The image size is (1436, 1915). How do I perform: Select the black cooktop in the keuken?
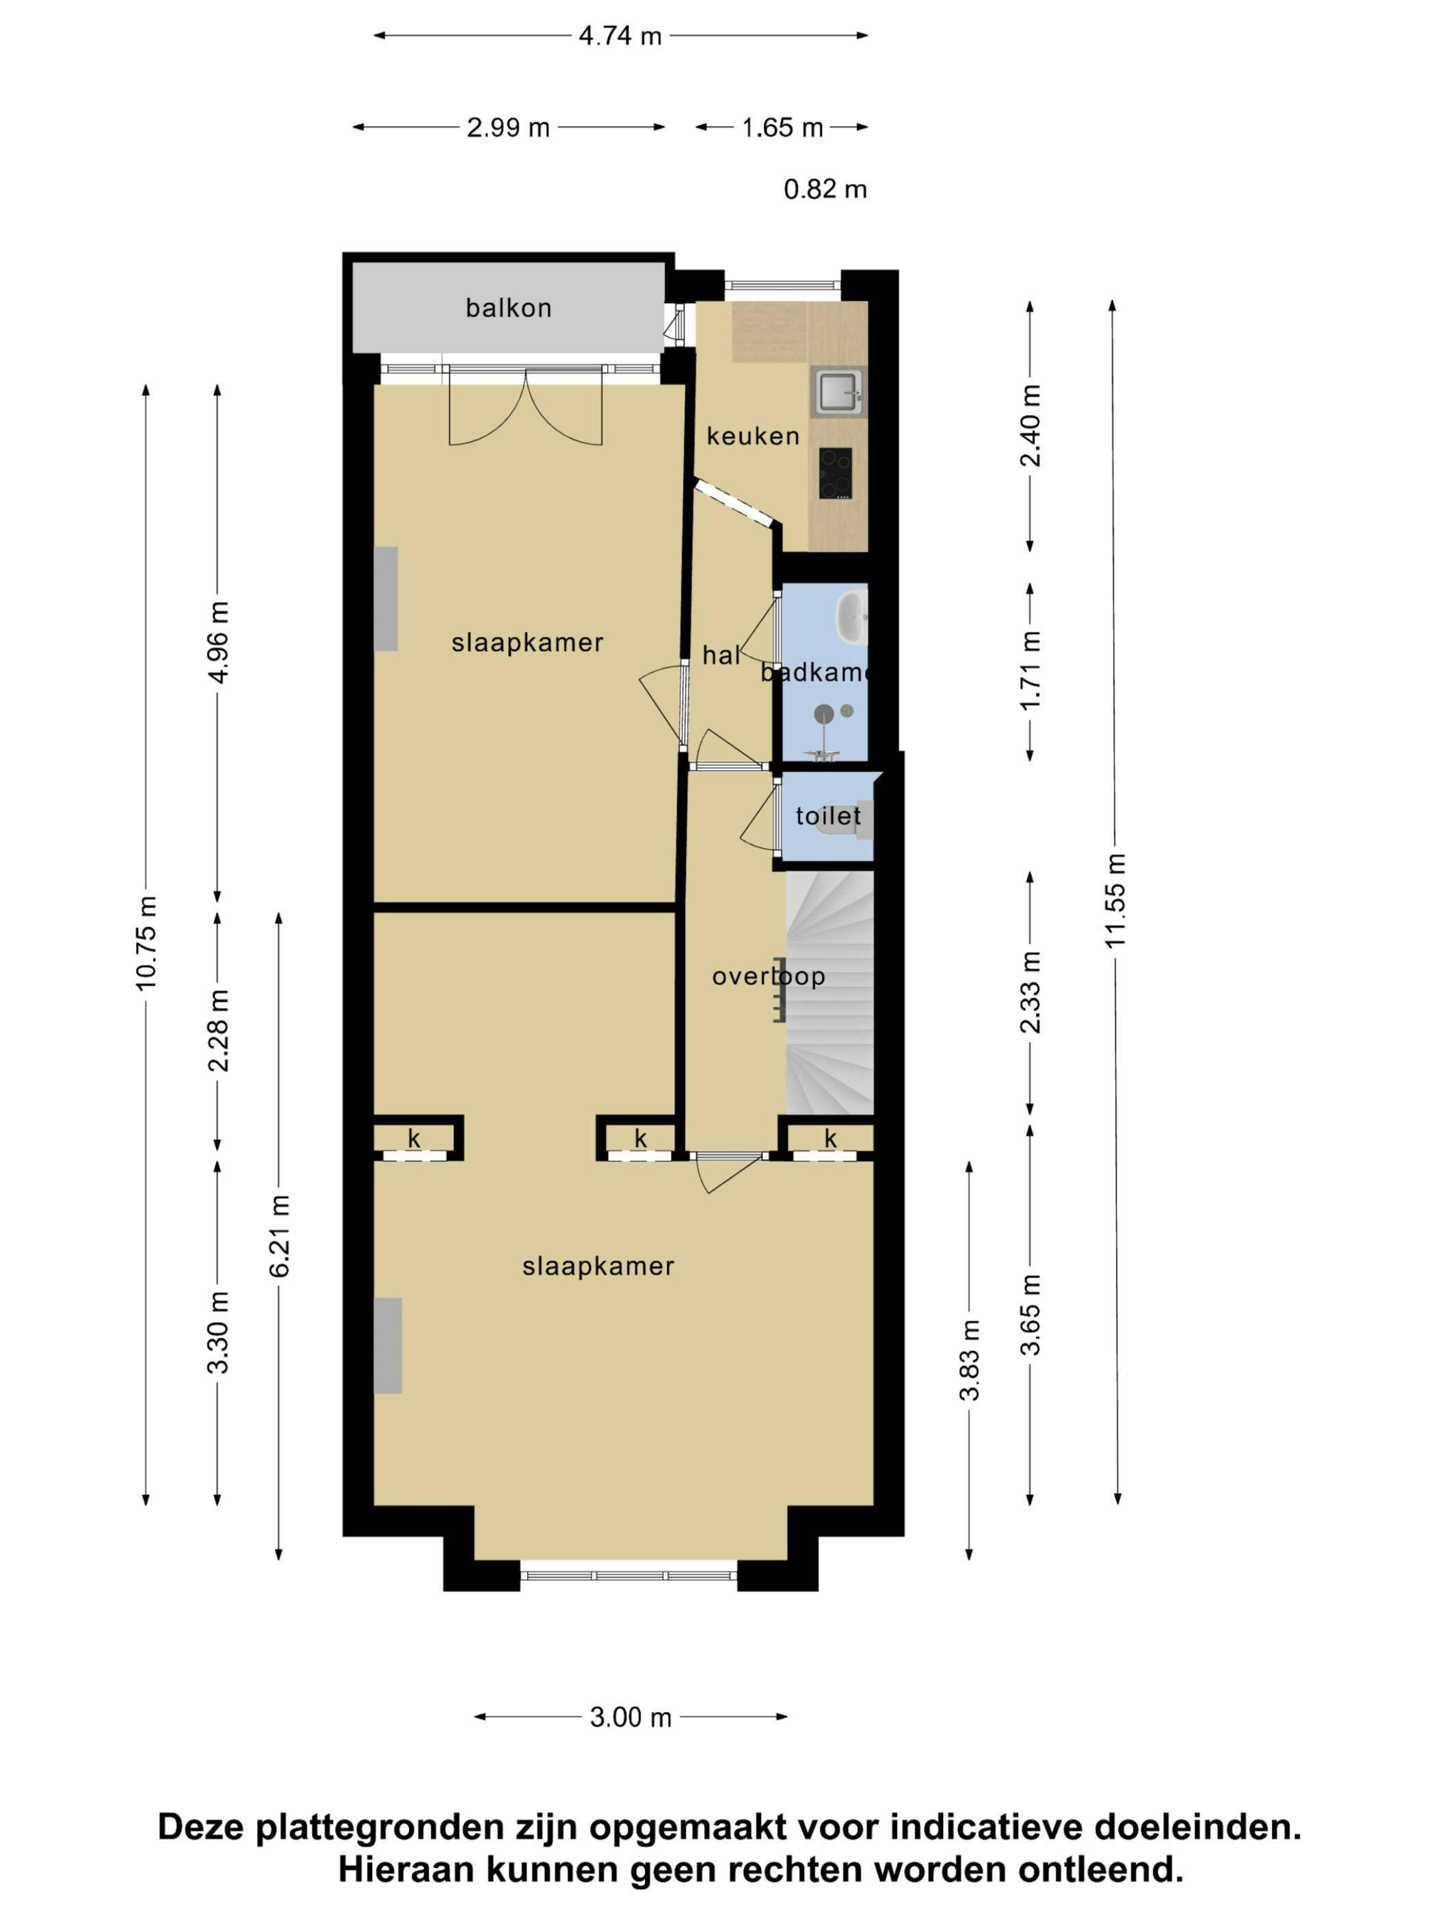click(x=836, y=473)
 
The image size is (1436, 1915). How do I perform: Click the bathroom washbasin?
click(x=851, y=616)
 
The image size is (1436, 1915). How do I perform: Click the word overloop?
click(x=768, y=977)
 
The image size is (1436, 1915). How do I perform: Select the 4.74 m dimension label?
click(x=620, y=36)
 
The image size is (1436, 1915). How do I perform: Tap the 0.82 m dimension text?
click(x=825, y=189)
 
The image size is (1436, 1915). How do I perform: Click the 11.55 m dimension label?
click(x=1116, y=900)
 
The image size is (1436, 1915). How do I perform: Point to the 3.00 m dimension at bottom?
click(x=630, y=1717)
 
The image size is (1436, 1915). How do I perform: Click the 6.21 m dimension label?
click(x=279, y=1235)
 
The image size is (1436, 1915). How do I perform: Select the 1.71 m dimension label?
click(x=1030, y=671)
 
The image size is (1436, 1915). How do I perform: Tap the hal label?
click(x=720, y=656)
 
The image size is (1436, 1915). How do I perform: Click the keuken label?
click(x=752, y=436)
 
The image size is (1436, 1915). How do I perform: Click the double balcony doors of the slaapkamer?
click(x=525, y=407)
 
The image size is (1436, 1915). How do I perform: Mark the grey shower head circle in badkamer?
click(x=824, y=713)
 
